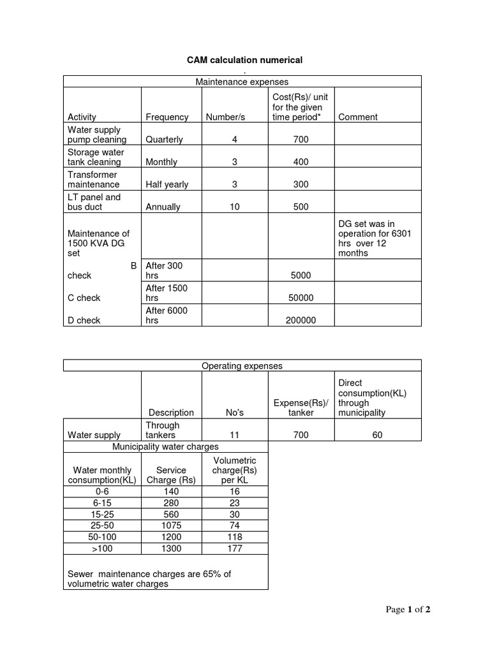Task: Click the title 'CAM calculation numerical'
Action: (244, 60)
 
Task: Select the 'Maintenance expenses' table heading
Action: (242, 82)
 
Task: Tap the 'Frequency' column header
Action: (167, 117)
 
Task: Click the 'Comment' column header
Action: (358, 117)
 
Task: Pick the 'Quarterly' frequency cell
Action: (164, 139)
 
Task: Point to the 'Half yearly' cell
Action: (167, 184)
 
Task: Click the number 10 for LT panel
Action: (235, 207)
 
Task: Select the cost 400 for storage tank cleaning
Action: (301, 162)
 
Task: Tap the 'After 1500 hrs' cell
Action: (167, 293)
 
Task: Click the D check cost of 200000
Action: (301, 320)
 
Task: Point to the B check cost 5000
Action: (301, 275)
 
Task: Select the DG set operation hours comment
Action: (375, 238)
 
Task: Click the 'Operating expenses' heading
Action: (242, 366)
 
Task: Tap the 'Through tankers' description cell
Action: (163, 430)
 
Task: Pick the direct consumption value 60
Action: (377, 435)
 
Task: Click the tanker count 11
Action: (234, 435)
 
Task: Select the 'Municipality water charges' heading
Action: (165, 446)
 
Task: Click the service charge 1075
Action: (171, 525)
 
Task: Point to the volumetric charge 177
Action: (235, 548)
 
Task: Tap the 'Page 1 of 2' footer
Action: (408, 610)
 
